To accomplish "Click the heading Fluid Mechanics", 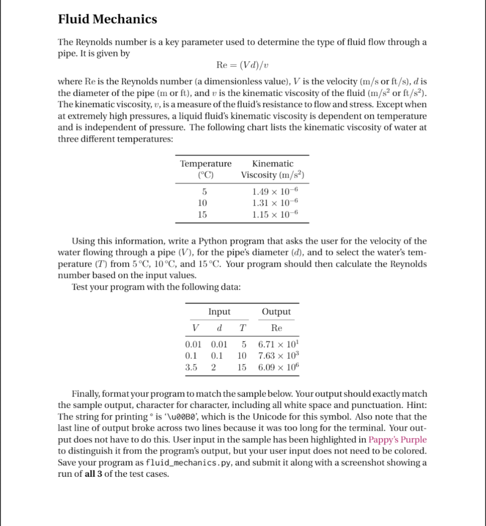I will pos(107,20).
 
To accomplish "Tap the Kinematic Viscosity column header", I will pos(273,169).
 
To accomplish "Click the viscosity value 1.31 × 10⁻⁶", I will pos(275,203).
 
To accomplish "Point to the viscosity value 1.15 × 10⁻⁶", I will pos(275,214).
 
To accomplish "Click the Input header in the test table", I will pos(219,312).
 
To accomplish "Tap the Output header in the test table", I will pos(276,312).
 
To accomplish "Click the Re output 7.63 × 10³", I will pos(278,355).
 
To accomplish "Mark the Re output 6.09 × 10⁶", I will pos(278,367).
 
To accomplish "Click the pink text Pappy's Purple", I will pos(397,440).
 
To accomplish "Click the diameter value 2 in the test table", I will pos(213,367).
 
